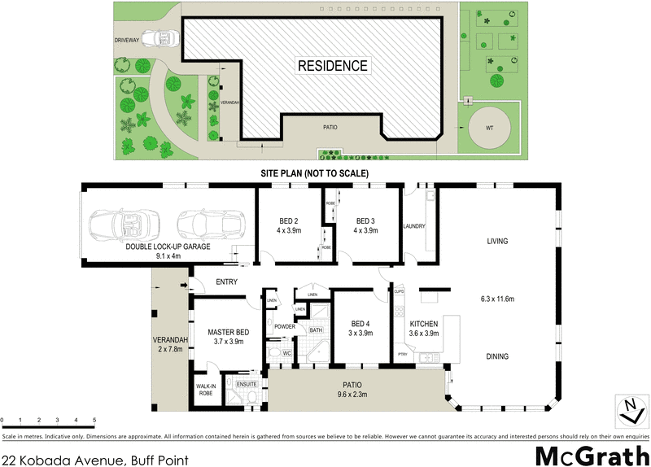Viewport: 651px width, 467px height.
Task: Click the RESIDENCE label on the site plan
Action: point(331,66)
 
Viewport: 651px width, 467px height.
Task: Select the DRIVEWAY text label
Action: point(128,38)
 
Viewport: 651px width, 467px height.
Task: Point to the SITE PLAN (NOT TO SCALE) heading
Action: point(314,173)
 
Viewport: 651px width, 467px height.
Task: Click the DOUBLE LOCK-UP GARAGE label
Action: point(168,246)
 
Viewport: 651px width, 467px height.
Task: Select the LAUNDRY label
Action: point(414,226)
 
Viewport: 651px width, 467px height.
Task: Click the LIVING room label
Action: point(497,241)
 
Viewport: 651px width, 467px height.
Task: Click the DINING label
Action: point(497,356)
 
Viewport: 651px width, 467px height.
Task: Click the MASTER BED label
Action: point(227,333)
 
